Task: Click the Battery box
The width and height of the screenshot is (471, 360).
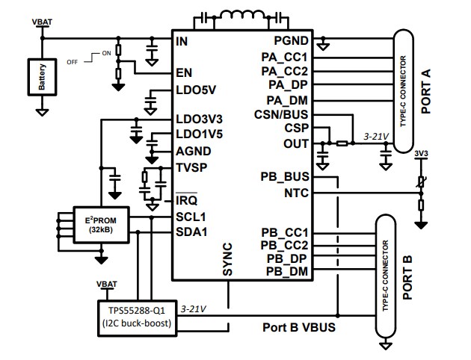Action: (x=43, y=75)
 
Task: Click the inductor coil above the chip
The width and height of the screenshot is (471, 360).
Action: (x=235, y=17)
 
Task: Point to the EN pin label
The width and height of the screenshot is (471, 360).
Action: (x=184, y=73)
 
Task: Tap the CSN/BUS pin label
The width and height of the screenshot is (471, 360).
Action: (x=285, y=114)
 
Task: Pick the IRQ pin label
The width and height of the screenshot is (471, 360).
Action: (x=185, y=200)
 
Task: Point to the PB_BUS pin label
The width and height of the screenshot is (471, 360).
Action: (x=285, y=178)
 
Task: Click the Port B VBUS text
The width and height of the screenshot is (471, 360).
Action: (x=298, y=327)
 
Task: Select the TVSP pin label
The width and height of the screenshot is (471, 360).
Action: (x=190, y=167)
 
